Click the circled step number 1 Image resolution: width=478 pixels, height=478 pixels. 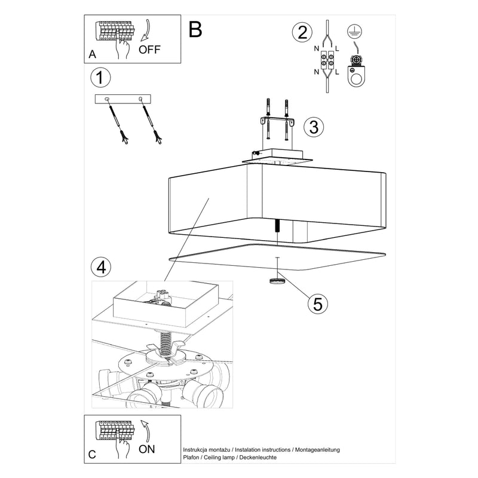click(x=101, y=78)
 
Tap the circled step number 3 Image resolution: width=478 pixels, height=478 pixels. click(x=314, y=127)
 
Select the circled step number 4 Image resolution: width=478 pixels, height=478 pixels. click(x=102, y=266)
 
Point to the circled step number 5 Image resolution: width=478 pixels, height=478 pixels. click(x=318, y=303)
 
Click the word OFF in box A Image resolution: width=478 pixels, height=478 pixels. click(x=149, y=49)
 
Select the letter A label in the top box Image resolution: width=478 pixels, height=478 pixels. click(x=92, y=54)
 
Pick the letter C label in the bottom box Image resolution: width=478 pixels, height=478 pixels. click(x=92, y=455)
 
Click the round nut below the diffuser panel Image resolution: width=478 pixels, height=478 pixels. click(x=276, y=280)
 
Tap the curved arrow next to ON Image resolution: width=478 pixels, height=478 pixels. click(x=145, y=430)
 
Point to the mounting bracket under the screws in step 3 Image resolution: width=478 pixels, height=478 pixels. click(x=277, y=121)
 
